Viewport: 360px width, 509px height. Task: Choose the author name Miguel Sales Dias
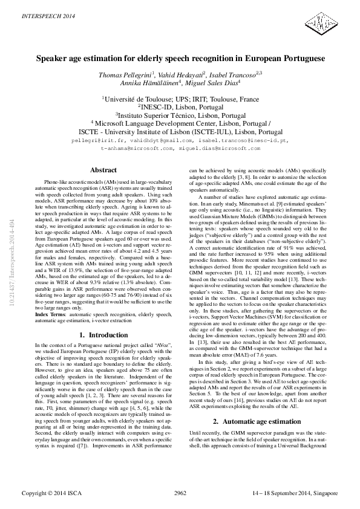[216, 83]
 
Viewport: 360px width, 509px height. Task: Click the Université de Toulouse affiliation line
[180, 99]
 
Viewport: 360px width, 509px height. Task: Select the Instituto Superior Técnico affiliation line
[180, 114]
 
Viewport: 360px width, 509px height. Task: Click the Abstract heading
[103, 170]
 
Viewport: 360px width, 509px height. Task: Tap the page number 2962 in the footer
[180, 494]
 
